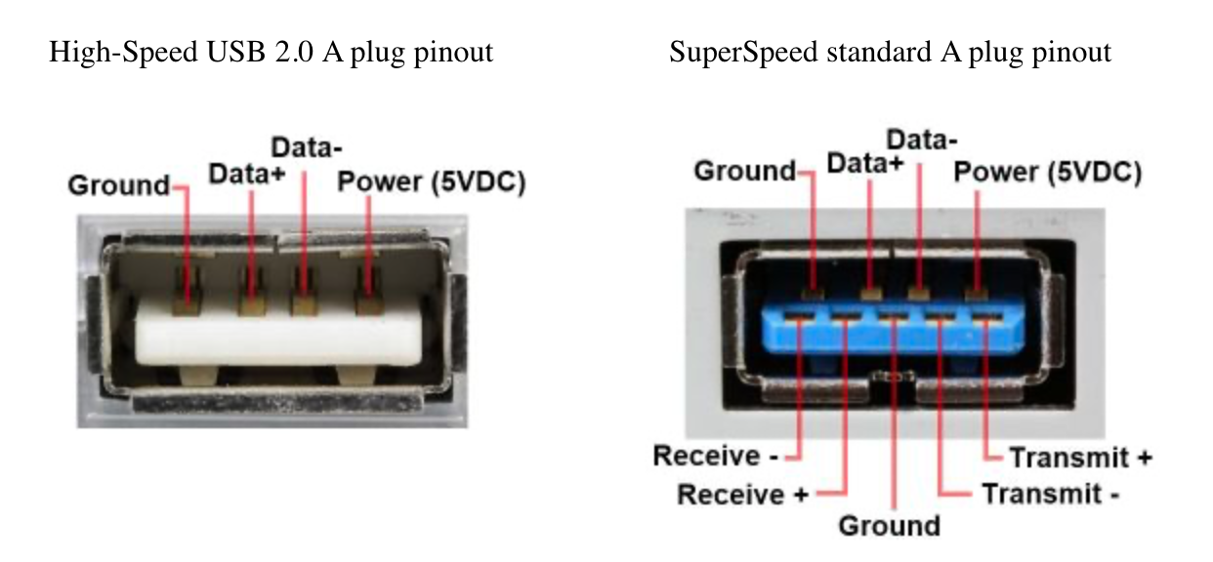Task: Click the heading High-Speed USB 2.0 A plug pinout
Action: tap(271, 52)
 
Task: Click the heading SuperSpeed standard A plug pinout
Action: tap(890, 52)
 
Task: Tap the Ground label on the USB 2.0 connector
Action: tap(118, 184)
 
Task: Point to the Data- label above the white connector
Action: tap(307, 149)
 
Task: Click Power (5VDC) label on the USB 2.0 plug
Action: tap(431, 182)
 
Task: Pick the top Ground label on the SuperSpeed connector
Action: tap(745, 171)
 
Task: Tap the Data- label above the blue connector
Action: tap(921, 139)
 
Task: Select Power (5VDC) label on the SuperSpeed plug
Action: tap(1047, 172)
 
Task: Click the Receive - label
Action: tap(715, 456)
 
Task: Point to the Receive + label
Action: tap(743, 494)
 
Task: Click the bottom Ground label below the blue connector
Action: tap(889, 526)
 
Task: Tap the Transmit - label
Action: tap(1050, 494)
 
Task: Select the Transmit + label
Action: tap(1080, 457)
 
